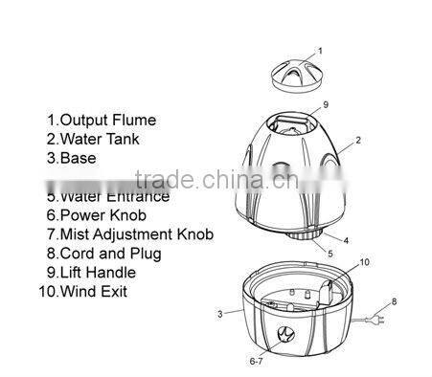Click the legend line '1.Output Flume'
pyautogui.click(x=102, y=121)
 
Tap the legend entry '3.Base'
pyautogui.click(x=72, y=158)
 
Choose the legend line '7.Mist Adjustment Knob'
pyautogui.click(x=130, y=234)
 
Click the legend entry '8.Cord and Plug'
pyautogui.click(x=104, y=254)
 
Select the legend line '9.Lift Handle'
pyautogui.click(x=95, y=273)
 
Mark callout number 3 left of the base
pyautogui.click(x=220, y=313)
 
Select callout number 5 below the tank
pyautogui.click(x=330, y=254)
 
